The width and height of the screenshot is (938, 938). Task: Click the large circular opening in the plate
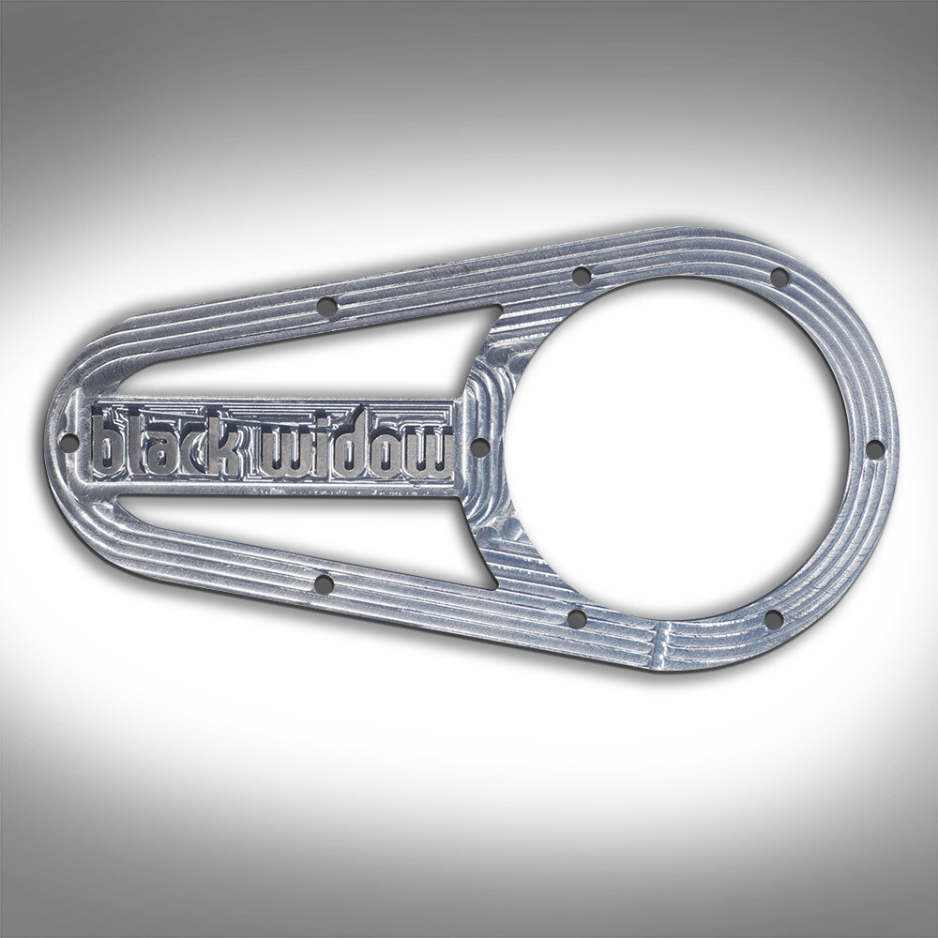pyautogui.click(x=676, y=447)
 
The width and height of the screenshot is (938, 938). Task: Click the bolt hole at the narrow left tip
pyautogui.click(x=68, y=442)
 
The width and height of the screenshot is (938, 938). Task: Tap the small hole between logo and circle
pyautogui.click(x=478, y=447)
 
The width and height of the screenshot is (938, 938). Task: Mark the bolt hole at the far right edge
pyautogui.click(x=873, y=449)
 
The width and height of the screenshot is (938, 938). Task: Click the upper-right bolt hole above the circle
pyautogui.click(x=779, y=277)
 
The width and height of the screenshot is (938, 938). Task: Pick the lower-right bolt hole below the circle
pyautogui.click(x=773, y=619)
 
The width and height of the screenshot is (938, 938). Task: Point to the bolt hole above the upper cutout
pyautogui.click(x=326, y=307)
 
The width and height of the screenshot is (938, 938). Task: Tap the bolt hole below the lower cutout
pyautogui.click(x=324, y=584)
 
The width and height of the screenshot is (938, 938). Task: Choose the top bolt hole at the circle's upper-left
pyautogui.click(x=582, y=276)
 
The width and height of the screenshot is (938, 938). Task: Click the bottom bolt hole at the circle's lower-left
pyautogui.click(x=577, y=619)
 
